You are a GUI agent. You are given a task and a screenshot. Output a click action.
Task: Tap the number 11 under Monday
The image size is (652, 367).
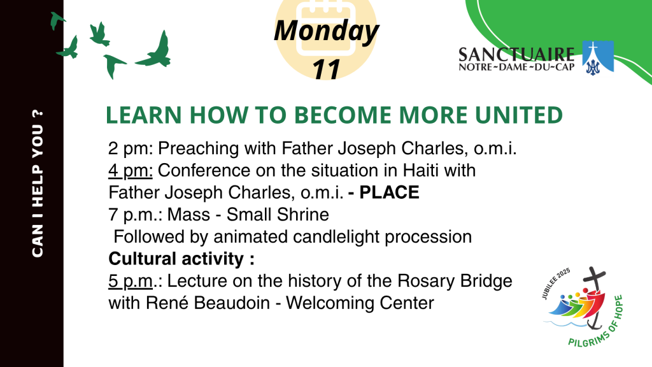(x=327, y=69)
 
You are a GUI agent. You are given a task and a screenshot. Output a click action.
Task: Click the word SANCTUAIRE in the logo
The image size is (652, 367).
(x=516, y=55)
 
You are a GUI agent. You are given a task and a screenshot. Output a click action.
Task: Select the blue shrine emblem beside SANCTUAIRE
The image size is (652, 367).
(x=597, y=57)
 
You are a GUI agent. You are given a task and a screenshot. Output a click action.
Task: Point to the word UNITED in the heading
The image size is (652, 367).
(x=519, y=115)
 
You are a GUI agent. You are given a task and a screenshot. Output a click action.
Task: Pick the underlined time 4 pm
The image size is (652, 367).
(x=131, y=171)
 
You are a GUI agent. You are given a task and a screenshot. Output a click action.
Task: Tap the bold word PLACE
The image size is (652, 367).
(x=389, y=192)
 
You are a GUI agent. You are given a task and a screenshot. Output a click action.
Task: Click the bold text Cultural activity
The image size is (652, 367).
(x=181, y=259)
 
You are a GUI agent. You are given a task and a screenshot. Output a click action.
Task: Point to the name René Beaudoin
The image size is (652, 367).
(x=208, y=303)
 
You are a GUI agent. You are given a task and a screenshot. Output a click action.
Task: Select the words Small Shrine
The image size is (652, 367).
(x=278, y=215)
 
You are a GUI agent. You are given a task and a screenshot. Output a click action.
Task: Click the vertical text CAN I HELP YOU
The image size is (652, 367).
(x=38, y=183)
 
